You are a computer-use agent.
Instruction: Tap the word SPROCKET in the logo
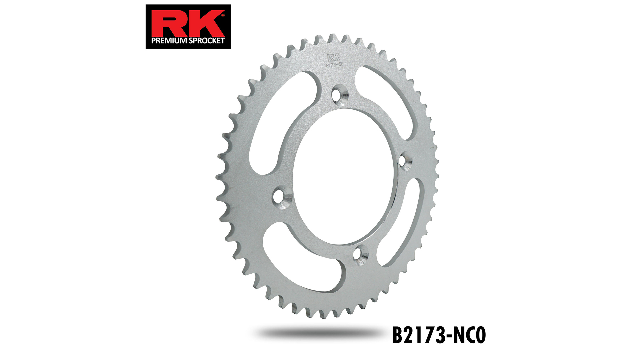coord(207,41)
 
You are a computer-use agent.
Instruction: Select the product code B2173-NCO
coord(439,335)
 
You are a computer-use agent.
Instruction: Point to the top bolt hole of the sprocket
coord(339,95)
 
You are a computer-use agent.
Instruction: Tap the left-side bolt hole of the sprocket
coord(281,196)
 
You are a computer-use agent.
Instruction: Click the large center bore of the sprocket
coord(343,177)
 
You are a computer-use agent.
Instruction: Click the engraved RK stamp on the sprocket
coord(333,57)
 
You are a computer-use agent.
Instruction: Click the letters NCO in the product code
coord(470,335)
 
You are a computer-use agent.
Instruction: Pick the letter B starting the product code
coord(398,335)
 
